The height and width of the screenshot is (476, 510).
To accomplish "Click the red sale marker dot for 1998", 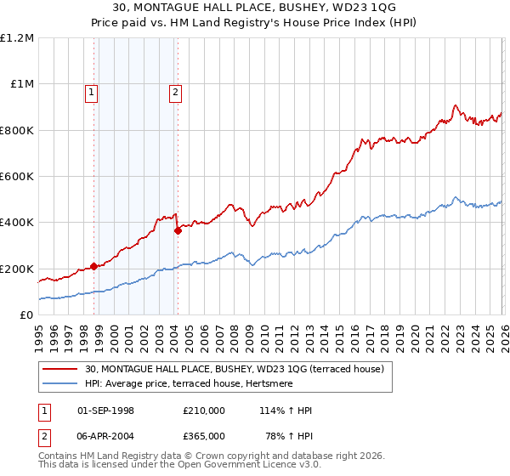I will tap(93, 266).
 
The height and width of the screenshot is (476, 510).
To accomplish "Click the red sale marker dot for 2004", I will tap(178, 230).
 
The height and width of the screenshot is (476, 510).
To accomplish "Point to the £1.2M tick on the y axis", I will tap(17, 38).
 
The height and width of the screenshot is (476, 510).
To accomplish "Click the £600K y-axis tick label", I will tap(17, 177).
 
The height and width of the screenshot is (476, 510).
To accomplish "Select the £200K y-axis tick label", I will tap(17, 269).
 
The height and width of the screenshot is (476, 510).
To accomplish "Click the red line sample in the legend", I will tap(60, 369).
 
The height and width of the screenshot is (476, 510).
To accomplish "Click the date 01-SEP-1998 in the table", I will tap(106, 411).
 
